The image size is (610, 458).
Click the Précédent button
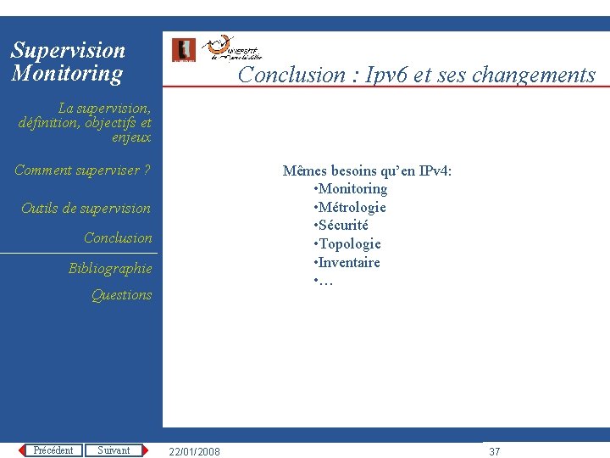(53, 450)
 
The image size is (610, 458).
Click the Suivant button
(114, 450)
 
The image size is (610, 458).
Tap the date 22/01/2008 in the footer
(194, 451)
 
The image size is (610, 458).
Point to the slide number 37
(495, 451)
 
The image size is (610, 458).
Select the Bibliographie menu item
(110, 269)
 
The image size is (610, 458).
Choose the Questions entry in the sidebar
(121, 295)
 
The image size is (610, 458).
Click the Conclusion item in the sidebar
(118, 238)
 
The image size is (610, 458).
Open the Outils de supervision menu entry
(86, 209)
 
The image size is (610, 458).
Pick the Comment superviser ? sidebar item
(82, 170)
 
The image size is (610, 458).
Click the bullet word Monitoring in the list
(352, 189)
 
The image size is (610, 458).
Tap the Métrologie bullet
(352, 208)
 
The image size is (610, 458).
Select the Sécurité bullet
(343, 226)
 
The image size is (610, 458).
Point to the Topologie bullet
(349, 244)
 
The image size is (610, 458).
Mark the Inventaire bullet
(349, 263)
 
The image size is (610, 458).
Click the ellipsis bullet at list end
(325, 281)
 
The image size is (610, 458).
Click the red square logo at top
(184, 50)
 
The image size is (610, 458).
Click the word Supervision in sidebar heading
(68, 51)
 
